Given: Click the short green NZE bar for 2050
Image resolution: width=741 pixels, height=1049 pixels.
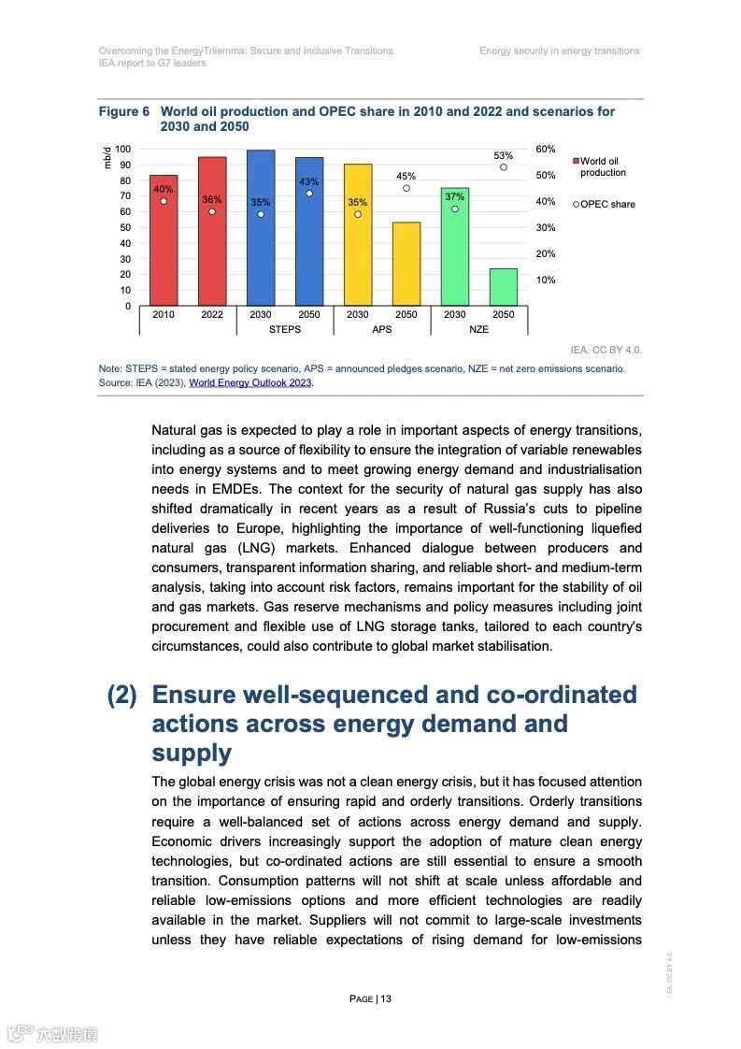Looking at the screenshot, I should (503, 287).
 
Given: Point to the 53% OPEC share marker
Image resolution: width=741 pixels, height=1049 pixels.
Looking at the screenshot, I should (503, 167).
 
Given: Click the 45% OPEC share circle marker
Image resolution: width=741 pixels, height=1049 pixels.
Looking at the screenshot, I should (406, 188).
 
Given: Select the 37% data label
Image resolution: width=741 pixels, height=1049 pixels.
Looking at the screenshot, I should (454, 196).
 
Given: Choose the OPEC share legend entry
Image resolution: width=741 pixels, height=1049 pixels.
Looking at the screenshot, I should (605, 204).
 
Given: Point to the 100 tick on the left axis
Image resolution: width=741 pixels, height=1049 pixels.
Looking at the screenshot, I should (123, 150).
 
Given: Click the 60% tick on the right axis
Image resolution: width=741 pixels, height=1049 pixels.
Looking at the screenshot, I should (546, 150).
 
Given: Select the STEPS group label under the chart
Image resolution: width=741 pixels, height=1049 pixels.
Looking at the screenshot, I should (284, 329).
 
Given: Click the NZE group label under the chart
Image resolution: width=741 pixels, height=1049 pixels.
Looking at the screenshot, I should (478, 329).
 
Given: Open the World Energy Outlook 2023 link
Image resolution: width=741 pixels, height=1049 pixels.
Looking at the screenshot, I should (250, 382).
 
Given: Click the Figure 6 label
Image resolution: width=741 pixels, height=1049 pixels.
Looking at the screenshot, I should (124, 111).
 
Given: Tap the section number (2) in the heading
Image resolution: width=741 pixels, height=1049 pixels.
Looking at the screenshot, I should (122, 696).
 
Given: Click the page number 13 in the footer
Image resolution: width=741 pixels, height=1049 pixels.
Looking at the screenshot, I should (385, 999).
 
